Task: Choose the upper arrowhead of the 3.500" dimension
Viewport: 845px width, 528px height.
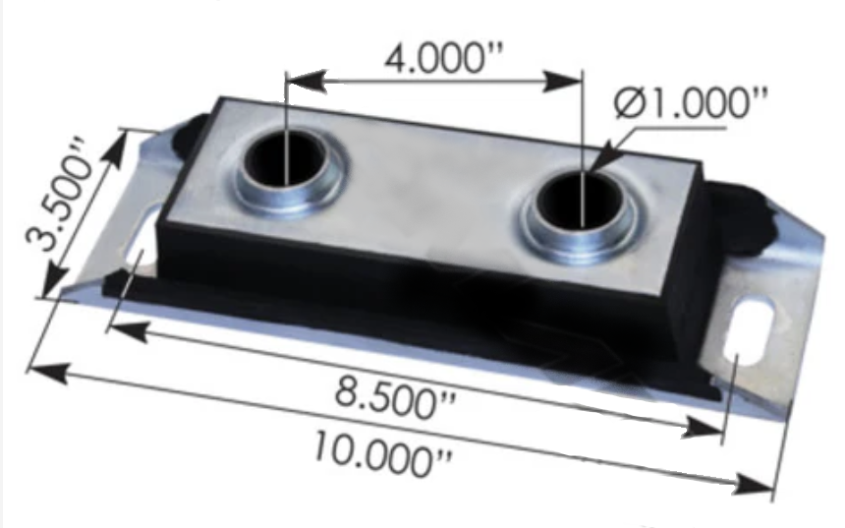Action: coord(126,139)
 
